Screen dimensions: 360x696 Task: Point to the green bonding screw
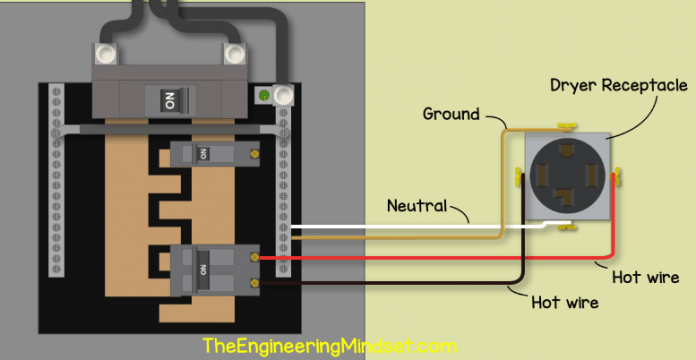click(x=263, y=97)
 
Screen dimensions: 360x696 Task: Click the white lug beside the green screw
click(x=283, y=97)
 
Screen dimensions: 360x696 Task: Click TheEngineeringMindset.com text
click(x=323, y=345)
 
